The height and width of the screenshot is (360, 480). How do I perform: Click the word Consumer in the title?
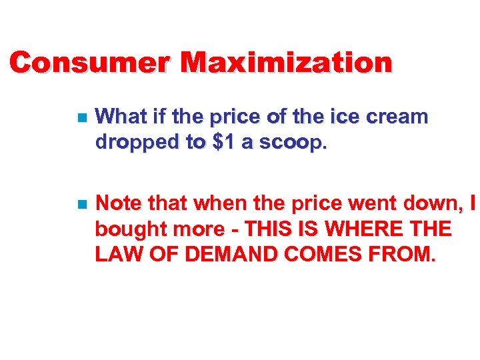(x=90, y=63)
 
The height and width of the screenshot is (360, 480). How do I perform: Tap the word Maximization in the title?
(x=287, y=63)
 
